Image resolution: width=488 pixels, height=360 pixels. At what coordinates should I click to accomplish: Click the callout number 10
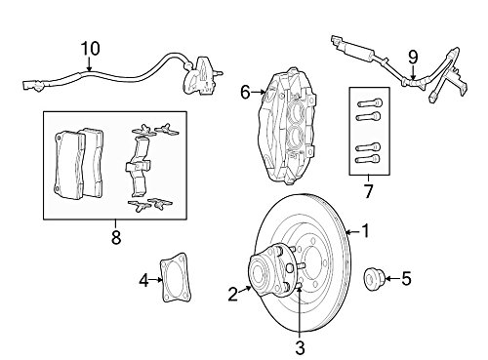click(90, 49)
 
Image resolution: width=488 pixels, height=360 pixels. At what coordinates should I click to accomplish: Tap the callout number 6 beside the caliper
click(245, 93)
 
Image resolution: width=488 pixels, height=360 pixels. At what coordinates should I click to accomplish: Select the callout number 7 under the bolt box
click(368, 191)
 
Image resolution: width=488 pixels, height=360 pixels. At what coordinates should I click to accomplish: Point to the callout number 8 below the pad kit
click(116, 237)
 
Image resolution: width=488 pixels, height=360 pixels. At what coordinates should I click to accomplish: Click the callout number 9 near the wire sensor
click(413, 58)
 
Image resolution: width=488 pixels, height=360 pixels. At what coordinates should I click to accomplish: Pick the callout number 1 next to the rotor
click(366, 231)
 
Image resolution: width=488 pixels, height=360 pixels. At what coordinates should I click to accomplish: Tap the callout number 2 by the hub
click(233, 295)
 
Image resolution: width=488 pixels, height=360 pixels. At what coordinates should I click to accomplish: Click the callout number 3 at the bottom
click(300, 347)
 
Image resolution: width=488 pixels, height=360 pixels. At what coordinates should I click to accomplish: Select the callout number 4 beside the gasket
click(144, 280)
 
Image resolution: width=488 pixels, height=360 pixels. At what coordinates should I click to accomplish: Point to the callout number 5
click(406, 279)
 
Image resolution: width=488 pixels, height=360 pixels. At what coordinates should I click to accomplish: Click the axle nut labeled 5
click(374, 279)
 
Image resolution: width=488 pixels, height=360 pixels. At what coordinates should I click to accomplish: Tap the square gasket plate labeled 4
click(176, 278)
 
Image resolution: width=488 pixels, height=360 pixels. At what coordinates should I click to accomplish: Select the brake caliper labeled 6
click(286, 125)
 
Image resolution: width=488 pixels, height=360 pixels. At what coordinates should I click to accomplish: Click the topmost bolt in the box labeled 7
click(370, 103)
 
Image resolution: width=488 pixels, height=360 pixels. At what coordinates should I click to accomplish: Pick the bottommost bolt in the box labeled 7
click(368, 159)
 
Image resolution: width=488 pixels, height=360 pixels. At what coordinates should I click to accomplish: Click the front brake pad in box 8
click(68, 165)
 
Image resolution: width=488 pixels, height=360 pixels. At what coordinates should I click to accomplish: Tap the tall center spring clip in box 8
click(138, 168)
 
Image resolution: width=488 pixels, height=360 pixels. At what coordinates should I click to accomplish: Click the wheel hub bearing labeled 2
click(270, 272)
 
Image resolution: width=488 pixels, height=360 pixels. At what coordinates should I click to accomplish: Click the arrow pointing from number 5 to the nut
click(392, 279)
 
